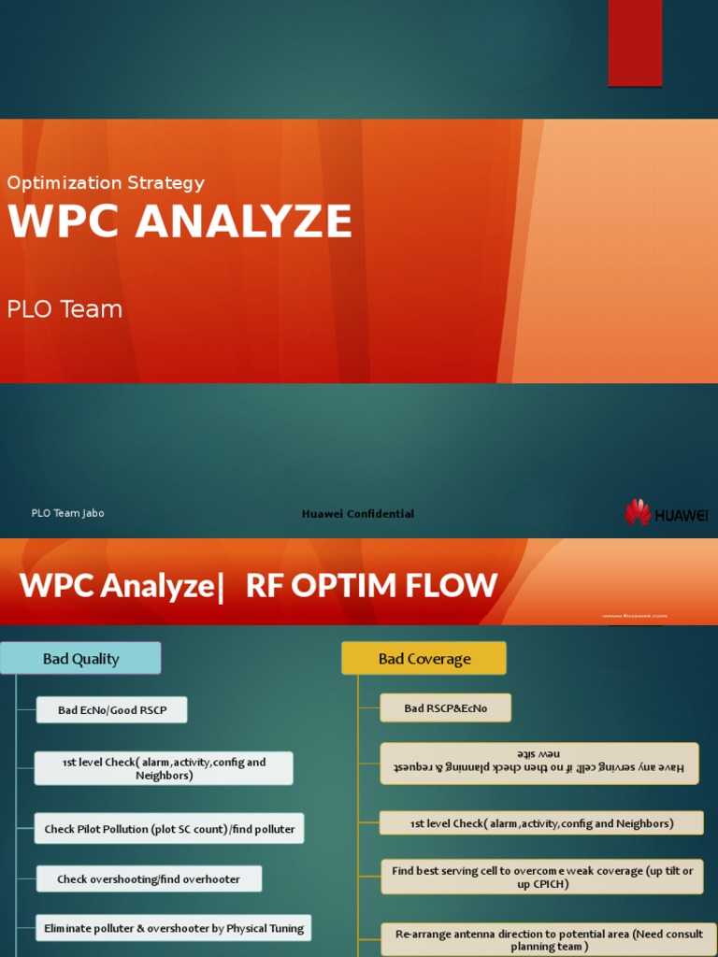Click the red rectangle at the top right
click(635, 42)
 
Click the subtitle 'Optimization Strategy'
click(106, 183)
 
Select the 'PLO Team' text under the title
click(65, 309)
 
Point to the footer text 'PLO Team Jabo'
click(68, 513)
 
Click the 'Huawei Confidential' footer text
click(357, 514)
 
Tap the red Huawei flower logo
click(638, 512)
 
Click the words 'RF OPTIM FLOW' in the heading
click(371, 586)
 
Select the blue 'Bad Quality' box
click(80, 659)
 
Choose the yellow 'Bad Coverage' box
click(424, 659)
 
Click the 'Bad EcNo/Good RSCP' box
click(112, 710)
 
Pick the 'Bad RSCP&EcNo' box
click(446, 708)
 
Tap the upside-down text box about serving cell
click(539, 762)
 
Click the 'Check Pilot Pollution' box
click(169, 829)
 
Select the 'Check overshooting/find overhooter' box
click(149, 879)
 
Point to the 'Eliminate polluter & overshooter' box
click(174, 929)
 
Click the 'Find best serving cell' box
click(542, 878)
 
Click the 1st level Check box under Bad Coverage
click(541, 823)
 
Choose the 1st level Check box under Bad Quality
click(164, 768)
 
